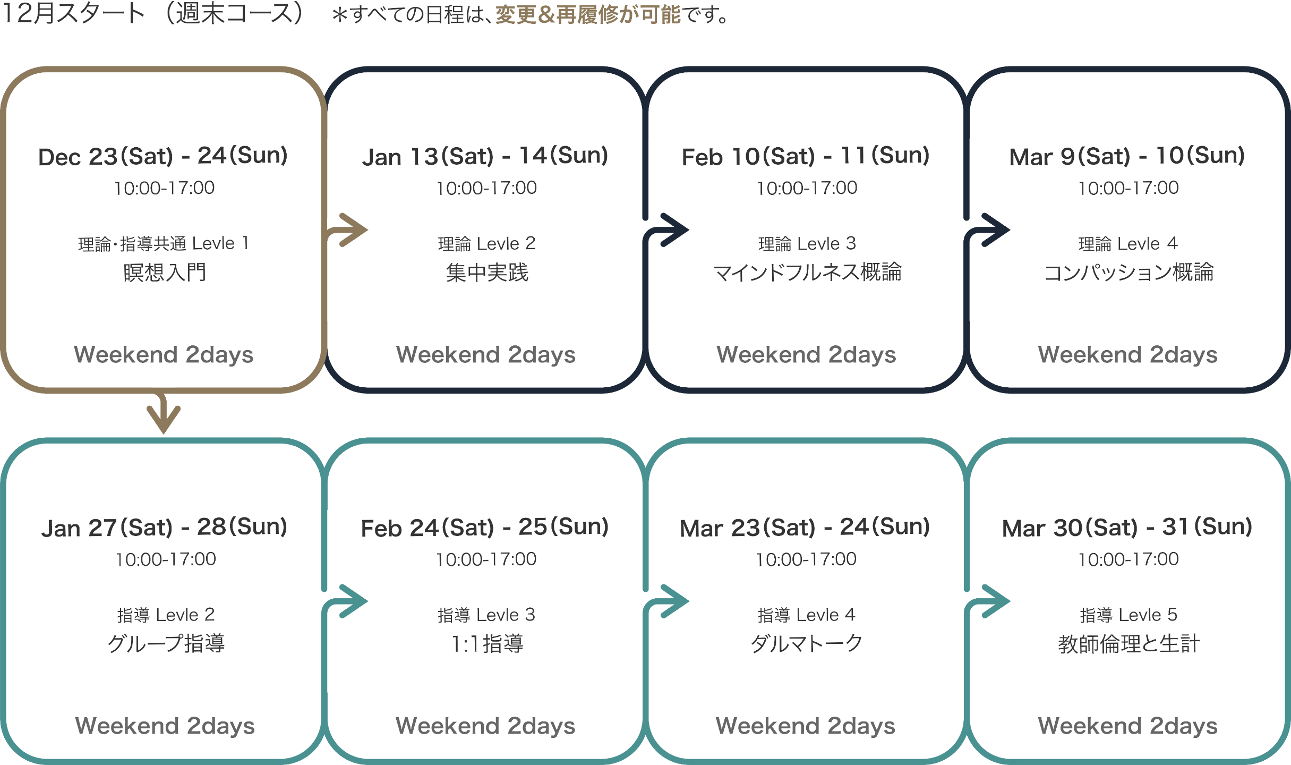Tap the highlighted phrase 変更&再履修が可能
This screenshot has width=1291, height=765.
pyautogui.click(x=587, y=15)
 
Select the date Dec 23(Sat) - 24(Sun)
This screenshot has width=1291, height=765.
pyautogui.click(x=163, y=156)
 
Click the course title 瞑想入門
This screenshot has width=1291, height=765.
pyautogui.click(x=164, y=273)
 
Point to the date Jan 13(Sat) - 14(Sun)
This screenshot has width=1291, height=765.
pyautogui.click(x=485, y=156)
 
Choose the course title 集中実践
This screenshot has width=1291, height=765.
pyautogui.click(x=486, y=273)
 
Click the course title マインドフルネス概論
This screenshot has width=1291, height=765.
pyautogui.click(x=807, y=273)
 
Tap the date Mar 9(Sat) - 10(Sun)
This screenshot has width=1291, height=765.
pyautogui.click(x=1127, y=156)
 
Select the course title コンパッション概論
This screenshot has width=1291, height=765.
pyautogui.click(x=1128, y=273)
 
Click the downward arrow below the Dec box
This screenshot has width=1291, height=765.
pyautogui.click(x=164, y=414)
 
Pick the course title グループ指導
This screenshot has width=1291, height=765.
pyautogui.click(x=166, y=644)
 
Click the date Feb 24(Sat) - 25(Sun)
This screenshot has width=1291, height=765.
pyautogui.click(x=484, y=528)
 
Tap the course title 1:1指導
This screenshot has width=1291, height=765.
pyautogui.click(x=486, y=644)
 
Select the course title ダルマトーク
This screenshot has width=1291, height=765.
pyautogui.click(x=806, y=644)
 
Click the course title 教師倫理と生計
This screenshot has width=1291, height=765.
pyautogui.click(x=1128, y=644)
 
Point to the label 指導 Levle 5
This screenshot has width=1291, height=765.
pyautogui.click(x=1128, y=615)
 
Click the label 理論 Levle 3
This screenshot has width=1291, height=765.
pyautogui.click(x=807, y=244)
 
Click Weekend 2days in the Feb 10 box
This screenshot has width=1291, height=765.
pyautogui.click(x=806, y=354)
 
